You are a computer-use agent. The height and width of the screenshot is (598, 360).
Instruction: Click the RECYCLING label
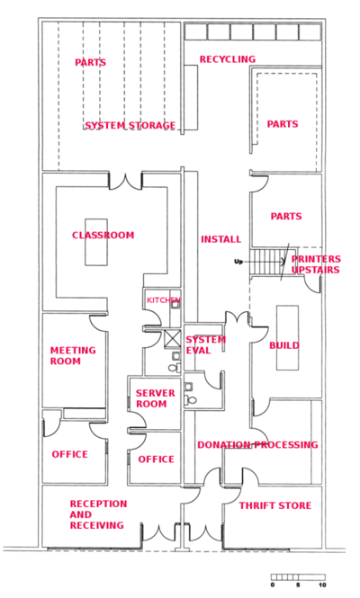coord(228,59)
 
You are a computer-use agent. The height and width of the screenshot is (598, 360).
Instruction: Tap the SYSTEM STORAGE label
coord(130,126)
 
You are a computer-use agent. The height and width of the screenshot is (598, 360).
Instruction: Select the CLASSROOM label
coord(103,235)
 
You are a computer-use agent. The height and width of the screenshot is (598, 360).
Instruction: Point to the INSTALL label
coord(221,239)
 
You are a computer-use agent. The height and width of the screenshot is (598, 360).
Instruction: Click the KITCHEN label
coord(164,300)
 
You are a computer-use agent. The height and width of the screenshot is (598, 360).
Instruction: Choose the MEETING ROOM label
coord(73,355)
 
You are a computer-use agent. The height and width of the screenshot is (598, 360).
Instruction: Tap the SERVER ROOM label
coord(156,398)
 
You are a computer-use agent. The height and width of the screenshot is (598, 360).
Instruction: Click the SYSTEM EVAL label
coord(206,344)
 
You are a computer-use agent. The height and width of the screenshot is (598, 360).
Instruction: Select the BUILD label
coord(284,345)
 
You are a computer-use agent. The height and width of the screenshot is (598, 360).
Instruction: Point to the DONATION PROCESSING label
coord(257,445)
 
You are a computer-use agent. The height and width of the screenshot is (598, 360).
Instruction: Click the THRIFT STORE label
coord(275,505)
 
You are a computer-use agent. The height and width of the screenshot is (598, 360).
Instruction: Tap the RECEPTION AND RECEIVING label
coord(98,514)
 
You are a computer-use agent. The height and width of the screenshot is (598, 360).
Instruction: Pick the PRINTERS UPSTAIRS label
coord(316,264)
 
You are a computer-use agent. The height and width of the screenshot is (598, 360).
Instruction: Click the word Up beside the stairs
coord(238,262)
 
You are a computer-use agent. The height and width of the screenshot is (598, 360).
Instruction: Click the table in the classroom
coord(96,242)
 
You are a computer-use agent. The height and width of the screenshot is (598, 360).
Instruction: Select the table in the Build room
coord(287,337)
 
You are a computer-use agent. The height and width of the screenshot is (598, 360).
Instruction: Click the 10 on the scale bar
coord(322,585)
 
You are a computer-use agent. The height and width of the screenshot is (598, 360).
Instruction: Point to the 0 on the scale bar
coord(273,585)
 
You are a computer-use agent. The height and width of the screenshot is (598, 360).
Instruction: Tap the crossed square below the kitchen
coord(172,339)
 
